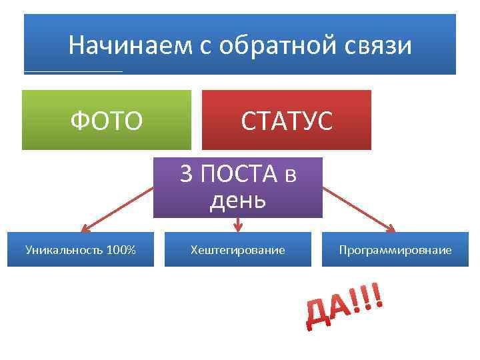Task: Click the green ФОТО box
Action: (107, 121)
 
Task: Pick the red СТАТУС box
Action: (286, 121)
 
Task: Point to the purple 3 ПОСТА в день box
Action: (238, 187)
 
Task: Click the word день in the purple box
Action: (238, 199)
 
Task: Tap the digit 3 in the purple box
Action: (187, 175)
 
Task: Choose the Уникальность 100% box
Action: (81, 249)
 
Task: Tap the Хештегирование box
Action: (238, 249)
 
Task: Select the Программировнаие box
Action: (395, 249)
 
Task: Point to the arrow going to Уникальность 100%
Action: (117, 209)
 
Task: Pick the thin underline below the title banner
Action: (73, 71)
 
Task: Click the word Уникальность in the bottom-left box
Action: (64, 250)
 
